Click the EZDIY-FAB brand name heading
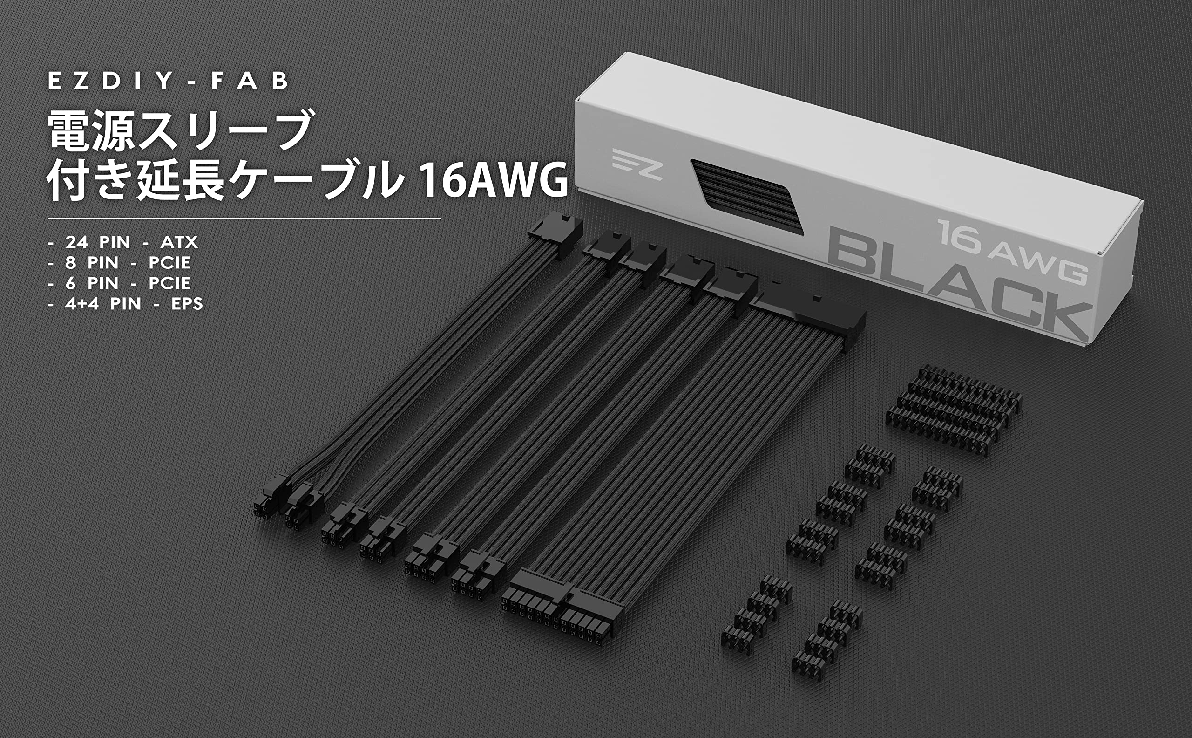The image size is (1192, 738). pyautogui.click(x=168, y=81)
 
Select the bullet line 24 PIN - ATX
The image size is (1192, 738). pyautogui.click(x=123, y=242)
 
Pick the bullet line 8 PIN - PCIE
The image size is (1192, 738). pyautogui.click(x=120, y=263)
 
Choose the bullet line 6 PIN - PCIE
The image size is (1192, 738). pyautogui.click(x=120, y=283)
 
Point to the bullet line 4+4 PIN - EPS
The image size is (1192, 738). pyautogui.click(x=126, y=304)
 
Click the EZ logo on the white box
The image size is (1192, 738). pyautogui.click(x=637, y=164)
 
